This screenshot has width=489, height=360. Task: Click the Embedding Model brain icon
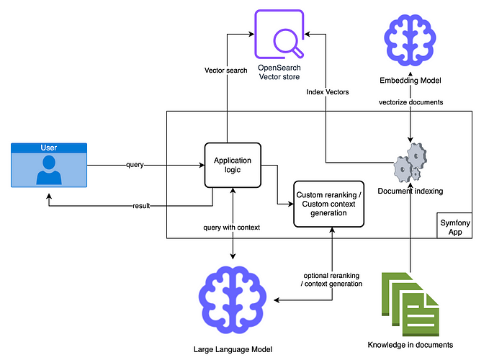tap(410, 42)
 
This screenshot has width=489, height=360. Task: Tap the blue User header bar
tap(49, 148)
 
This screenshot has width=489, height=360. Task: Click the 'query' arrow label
tap(135, 165)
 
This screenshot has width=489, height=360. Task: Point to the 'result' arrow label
tap(141, 206)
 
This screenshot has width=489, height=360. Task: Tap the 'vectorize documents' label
tap(411, 102)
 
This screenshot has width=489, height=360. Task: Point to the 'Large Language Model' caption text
tap(233, 350)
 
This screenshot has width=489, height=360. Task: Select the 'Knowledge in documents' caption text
tap(410, 344)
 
